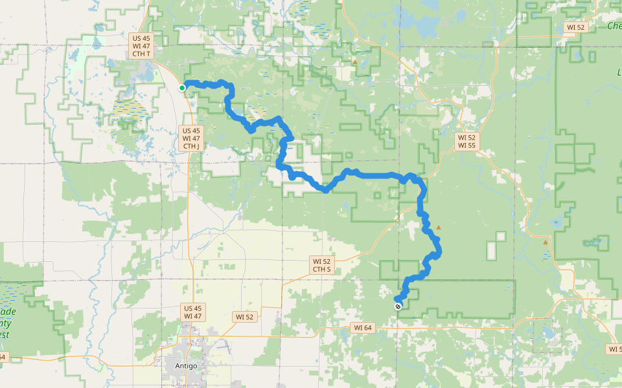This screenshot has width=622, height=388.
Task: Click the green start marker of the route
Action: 182,88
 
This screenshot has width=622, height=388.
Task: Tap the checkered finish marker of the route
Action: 398,306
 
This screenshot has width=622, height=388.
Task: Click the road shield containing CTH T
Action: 141,45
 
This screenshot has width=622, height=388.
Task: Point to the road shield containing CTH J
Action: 191,138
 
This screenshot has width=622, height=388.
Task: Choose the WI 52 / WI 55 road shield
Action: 467,142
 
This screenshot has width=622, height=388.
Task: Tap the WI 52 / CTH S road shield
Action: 322,264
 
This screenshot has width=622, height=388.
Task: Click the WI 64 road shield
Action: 363,328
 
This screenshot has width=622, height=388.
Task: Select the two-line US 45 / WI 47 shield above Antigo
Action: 192,312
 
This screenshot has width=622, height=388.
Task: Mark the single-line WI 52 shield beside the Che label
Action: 575,27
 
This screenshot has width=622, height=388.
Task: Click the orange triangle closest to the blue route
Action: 439,228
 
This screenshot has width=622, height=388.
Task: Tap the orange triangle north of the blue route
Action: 355,62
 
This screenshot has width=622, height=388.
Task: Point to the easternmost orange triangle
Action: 546,242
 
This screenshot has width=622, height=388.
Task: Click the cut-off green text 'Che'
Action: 614,26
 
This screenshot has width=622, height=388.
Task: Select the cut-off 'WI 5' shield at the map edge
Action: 614,349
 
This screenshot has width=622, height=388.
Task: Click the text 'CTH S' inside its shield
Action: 322,269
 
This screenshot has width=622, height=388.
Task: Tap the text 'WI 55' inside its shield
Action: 467,145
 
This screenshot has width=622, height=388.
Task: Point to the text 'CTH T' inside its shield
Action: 141,54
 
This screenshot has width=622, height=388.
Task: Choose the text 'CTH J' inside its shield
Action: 191,147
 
